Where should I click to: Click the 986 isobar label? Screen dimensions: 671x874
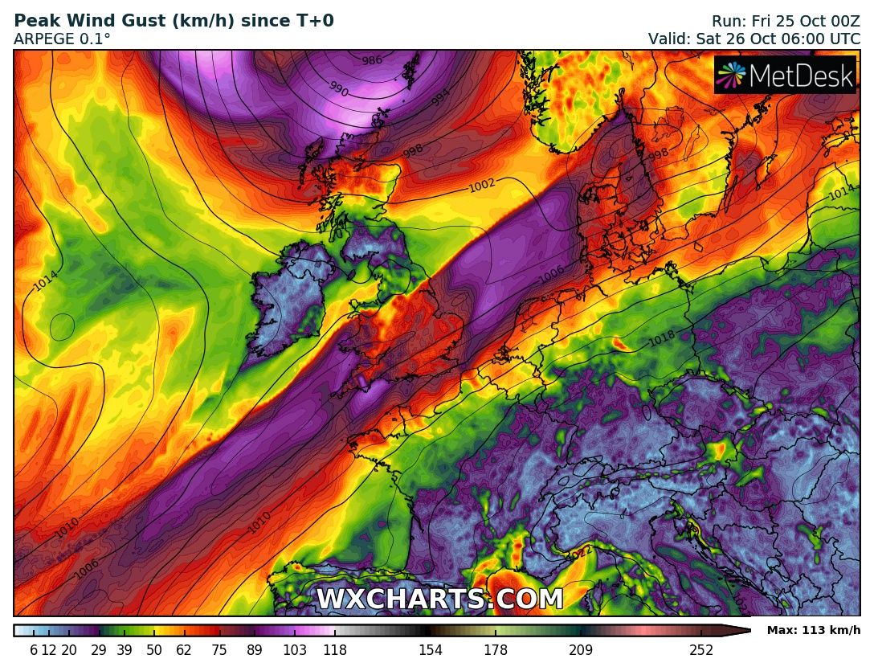[x=372, y=60]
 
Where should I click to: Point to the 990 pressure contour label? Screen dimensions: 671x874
[x=338, y=89]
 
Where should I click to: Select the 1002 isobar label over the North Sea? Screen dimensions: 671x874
[x=482, y=186]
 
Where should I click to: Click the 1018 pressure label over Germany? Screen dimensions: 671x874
[x=662, y=339]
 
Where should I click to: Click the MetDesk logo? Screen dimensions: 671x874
[x=785, y=76]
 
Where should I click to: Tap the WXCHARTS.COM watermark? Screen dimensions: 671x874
[x=439, y=599]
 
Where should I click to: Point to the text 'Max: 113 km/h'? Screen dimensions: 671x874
[x=814, y=630]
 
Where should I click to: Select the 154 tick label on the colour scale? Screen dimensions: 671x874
[x=431, y=651]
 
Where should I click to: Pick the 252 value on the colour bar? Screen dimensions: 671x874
[x=701, y=651]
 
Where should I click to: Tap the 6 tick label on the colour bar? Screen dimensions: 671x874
[x=34, y=651]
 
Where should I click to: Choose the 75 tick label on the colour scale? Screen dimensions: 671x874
[x=219, y=651]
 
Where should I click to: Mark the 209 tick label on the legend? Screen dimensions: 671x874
[x=581, y=651]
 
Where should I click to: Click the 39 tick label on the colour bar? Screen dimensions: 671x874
[x=125, y=651]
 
